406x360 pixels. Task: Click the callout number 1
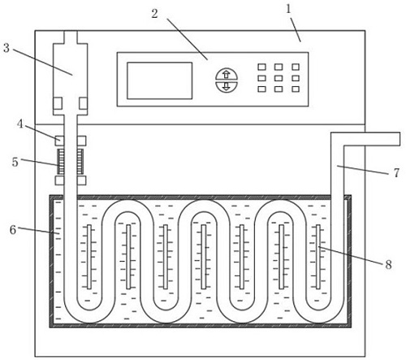[288, 10]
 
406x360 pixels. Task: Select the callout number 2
[154, 14]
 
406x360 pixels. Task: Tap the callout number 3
[6, 48]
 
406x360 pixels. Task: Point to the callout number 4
[20, 124]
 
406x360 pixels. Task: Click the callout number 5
[15, 162]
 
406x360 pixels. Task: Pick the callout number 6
[13, 230]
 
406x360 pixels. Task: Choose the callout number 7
[396, 173]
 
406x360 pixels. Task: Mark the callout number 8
[389, 264]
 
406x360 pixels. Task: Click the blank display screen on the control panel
[160, 80]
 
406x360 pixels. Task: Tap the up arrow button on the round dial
[227, 74]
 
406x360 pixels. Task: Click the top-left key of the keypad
[261, 67]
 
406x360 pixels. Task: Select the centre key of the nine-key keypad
[279, 78]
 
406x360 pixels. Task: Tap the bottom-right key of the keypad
[296, 89]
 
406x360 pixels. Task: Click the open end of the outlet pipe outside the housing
[400, 139]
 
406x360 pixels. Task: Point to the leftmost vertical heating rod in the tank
[89, 257]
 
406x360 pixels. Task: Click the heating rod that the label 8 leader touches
[318, 257]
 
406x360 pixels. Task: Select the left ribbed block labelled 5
[62, 162]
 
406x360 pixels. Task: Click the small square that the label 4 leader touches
[59, 141]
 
